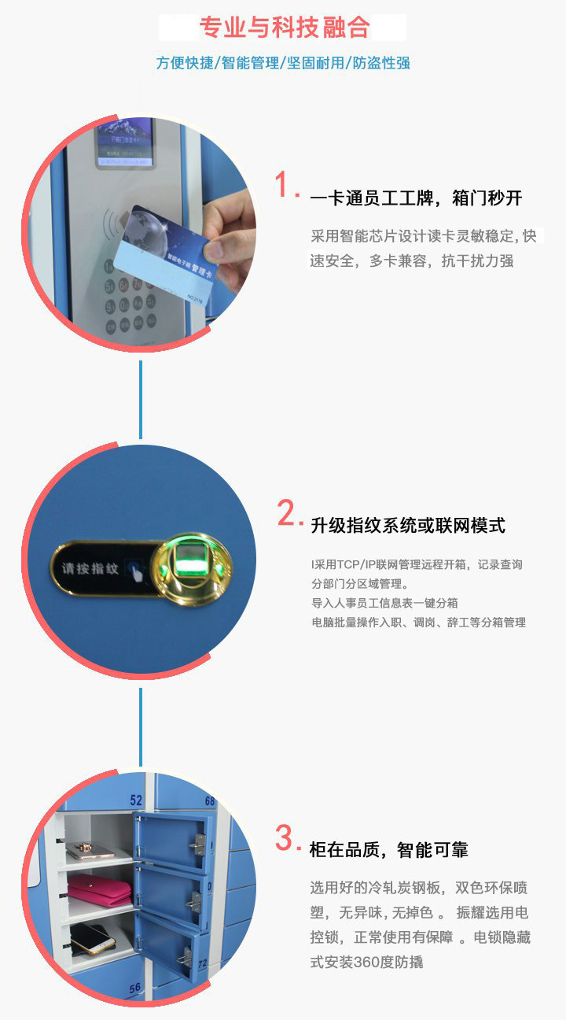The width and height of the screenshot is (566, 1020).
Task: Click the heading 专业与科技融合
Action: (x=284, y=28)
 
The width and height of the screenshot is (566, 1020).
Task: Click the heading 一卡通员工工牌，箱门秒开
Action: (x=416, y=198)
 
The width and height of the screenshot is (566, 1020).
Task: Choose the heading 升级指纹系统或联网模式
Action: (x=408, y=526)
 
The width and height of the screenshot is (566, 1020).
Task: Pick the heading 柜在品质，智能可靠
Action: (x=389, y=850)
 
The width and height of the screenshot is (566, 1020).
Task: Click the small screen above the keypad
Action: (x=124, y=143)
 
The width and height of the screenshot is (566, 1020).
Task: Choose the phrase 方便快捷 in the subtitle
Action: (x=185, y=63)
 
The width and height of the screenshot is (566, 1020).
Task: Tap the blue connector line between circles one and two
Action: (x=141, y=400)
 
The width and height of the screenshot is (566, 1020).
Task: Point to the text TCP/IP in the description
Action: (x=357, y=565)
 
